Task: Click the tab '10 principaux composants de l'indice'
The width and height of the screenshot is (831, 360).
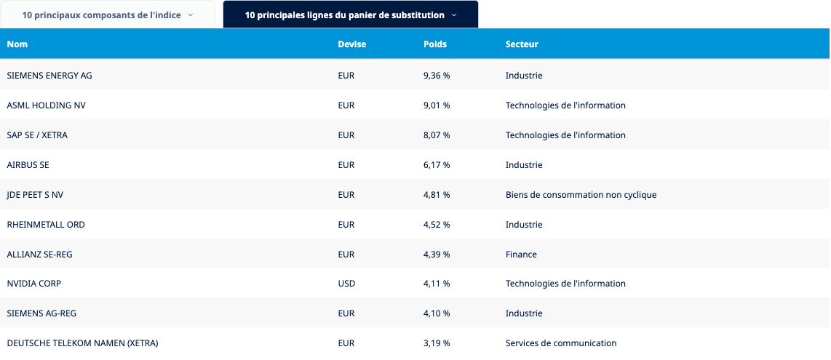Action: point(108,15)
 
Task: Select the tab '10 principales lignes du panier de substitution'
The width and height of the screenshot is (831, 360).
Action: point(350,15)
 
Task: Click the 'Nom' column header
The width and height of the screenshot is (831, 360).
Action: point(17,44)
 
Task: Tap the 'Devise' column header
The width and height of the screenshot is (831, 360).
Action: point(351,44)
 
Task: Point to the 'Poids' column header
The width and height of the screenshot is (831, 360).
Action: point(434,44)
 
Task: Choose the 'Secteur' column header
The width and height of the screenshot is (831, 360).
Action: point(522,44)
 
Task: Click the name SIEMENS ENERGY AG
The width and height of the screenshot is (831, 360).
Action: point(49,76)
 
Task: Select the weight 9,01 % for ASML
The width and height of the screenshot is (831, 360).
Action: point(437,105)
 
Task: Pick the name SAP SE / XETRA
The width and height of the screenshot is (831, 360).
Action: point(37,135)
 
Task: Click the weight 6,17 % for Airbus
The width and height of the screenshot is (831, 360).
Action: point(437,165)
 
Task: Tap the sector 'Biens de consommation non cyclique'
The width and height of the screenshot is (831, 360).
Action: point(581,195)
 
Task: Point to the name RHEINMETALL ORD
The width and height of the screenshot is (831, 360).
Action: point(46,225)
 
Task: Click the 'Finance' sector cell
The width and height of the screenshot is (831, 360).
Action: point(521,255)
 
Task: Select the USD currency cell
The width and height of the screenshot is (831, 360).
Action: point(346,284)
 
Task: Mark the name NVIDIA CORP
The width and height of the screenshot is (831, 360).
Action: point(34,284)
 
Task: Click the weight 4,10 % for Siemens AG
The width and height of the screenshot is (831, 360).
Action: point(437,313)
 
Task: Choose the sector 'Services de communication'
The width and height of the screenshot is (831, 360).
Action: point(561,343)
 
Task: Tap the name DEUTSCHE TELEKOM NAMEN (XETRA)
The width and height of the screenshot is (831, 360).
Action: point(82,343)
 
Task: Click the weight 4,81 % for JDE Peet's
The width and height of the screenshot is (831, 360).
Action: point(437,195)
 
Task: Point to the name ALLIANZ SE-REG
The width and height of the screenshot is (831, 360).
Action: point(39,255)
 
